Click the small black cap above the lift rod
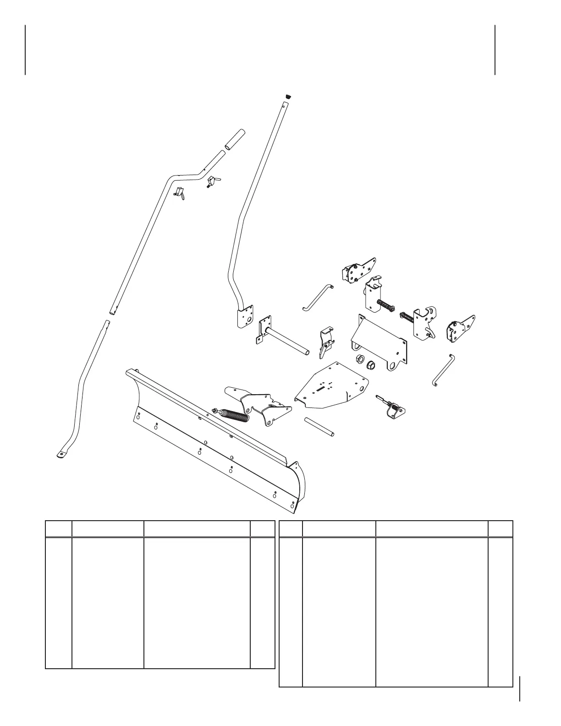(x=289, y=96)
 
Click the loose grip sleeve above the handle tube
(x=234, y=139)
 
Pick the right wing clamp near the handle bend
(x=212, y=181)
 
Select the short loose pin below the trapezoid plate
(x=319, y=426)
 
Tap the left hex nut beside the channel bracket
(x=360, y=359)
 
